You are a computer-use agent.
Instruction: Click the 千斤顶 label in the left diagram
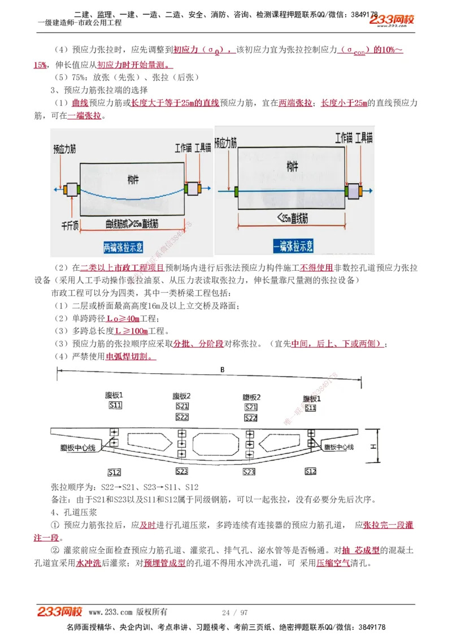point(70,225)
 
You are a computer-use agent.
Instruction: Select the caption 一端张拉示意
point(293,246)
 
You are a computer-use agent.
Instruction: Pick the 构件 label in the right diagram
point(292,166)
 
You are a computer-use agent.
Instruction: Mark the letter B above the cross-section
point(223,370)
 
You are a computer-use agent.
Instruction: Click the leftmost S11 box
point(115,406)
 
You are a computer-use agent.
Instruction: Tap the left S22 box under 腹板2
point(182,417)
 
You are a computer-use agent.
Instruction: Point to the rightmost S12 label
point(310,472)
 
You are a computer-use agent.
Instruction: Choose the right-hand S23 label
point(249,472)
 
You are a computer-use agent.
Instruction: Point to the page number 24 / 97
point(234,612)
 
